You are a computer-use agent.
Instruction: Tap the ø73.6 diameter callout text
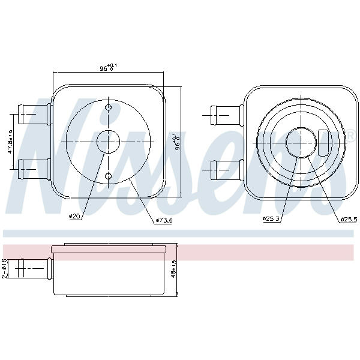tap(164, 220)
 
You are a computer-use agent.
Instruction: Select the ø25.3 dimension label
tap(271, 219)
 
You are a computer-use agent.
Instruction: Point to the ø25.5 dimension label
tap(349, 220)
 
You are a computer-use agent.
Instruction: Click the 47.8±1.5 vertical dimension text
tap(10, 141)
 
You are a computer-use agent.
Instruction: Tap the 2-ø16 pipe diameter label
tap(4, 268)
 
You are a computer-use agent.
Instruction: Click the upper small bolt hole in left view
tap(108, 107)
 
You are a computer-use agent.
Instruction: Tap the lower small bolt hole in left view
tap(108, 176)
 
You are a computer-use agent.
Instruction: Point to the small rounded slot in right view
tap(323, 143)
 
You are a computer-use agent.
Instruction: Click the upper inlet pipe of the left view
tap(35, 115)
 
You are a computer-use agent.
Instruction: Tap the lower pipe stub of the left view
tap(35, 169)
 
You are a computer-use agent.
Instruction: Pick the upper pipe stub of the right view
tap(227, 115)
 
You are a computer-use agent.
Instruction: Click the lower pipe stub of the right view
tap(227, 170)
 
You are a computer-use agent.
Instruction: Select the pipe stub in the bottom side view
tap(31, 268)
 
